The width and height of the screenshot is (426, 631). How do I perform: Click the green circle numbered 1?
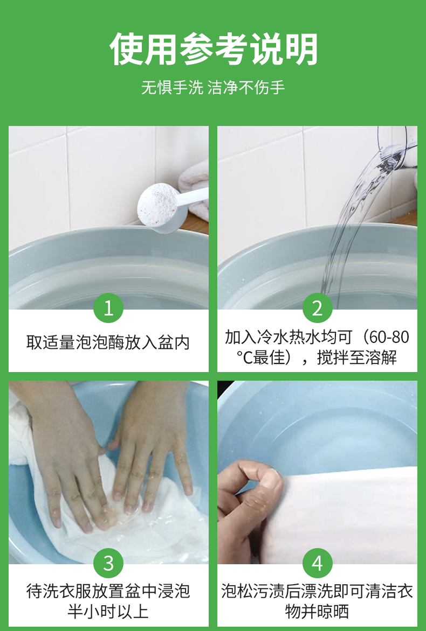[x=108, y=308]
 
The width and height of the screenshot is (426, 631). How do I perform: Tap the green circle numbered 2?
[x=318, y=308]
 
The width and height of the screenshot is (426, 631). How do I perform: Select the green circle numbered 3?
[x=108, y=563]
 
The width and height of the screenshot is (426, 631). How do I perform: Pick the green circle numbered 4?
[x=318, y=563]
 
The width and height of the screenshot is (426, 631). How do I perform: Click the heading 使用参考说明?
[x=213, y=49]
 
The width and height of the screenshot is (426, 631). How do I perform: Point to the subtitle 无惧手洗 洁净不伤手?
[x=213, y=87]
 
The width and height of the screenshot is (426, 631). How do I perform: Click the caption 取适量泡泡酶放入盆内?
[x=108, y=342]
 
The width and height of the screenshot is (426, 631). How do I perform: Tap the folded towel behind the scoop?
[x=194, y=189]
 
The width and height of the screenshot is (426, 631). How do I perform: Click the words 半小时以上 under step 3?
[x=108, y=612]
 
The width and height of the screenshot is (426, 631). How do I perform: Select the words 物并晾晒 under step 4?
[x=317, y=612]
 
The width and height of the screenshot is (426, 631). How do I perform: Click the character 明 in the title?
[x=301, y=49]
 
